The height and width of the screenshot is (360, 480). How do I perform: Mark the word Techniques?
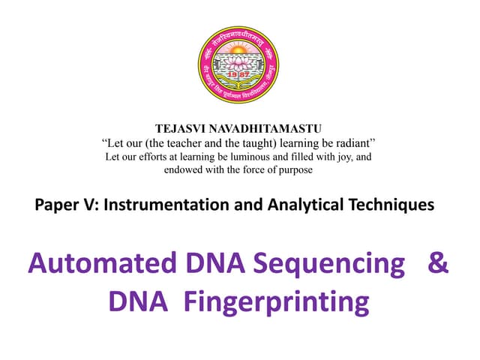point(391,203)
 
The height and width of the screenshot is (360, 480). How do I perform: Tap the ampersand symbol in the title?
point(436,264)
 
